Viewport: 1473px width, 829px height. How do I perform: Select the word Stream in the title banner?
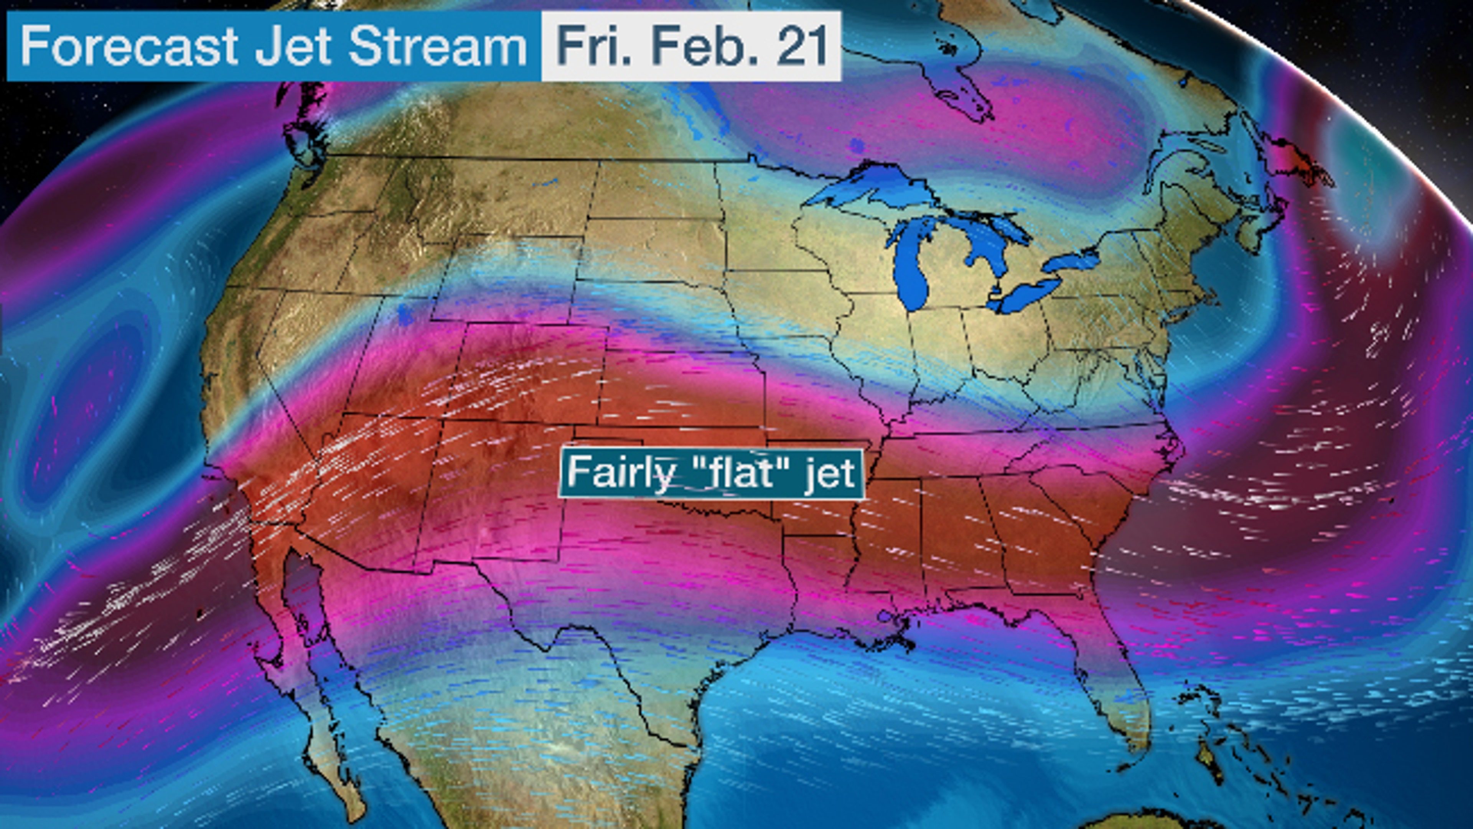437,46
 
